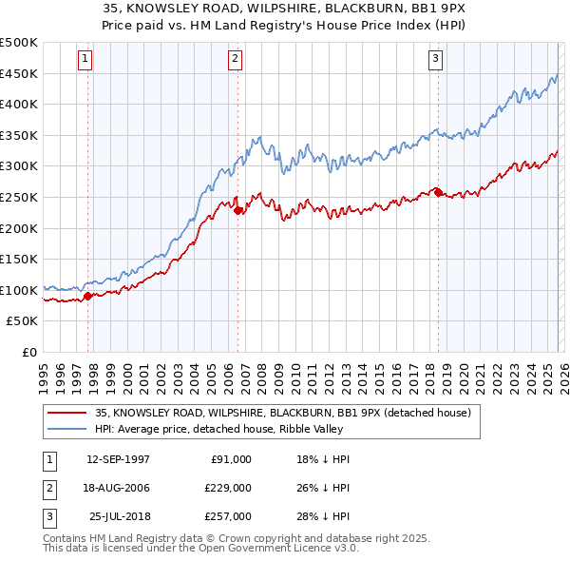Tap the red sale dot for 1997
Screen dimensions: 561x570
[x=87, y=296]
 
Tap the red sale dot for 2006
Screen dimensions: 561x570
[x=237, y=210]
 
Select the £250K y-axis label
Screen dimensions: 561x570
[x=19, y=197]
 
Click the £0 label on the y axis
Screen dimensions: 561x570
[x=28, y=352]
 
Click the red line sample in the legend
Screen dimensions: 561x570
[x=66, y=413]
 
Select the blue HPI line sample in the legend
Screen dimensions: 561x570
[x=66, y=430]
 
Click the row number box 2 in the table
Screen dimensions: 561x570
[x=48, y=488]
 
